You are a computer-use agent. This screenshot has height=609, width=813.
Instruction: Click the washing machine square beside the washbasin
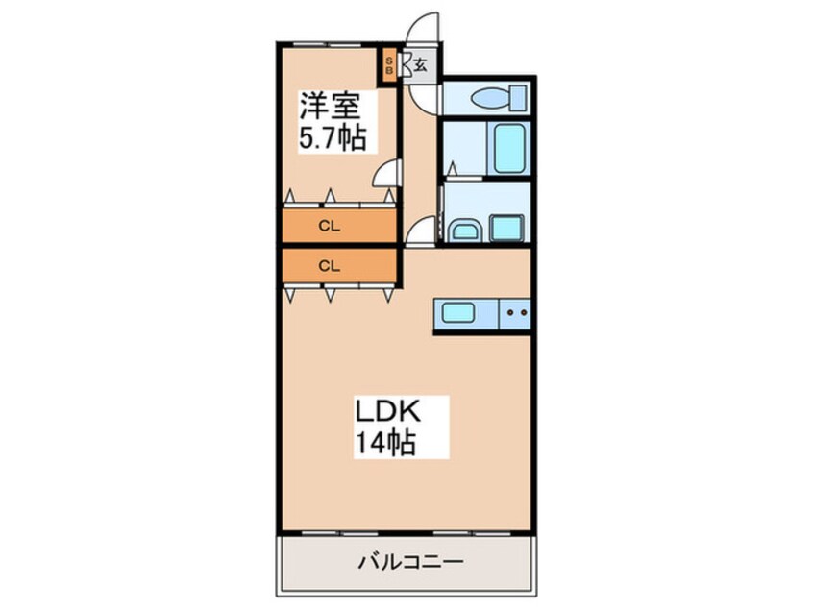[506, 228]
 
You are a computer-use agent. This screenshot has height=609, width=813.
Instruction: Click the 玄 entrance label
[421, 66]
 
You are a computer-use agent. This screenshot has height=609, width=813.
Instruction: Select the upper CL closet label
[329, 227]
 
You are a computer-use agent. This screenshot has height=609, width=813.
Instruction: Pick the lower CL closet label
[329, 265]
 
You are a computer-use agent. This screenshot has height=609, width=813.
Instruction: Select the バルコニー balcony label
[405, 560]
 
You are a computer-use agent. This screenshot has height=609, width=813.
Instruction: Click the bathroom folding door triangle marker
[450, 171]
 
